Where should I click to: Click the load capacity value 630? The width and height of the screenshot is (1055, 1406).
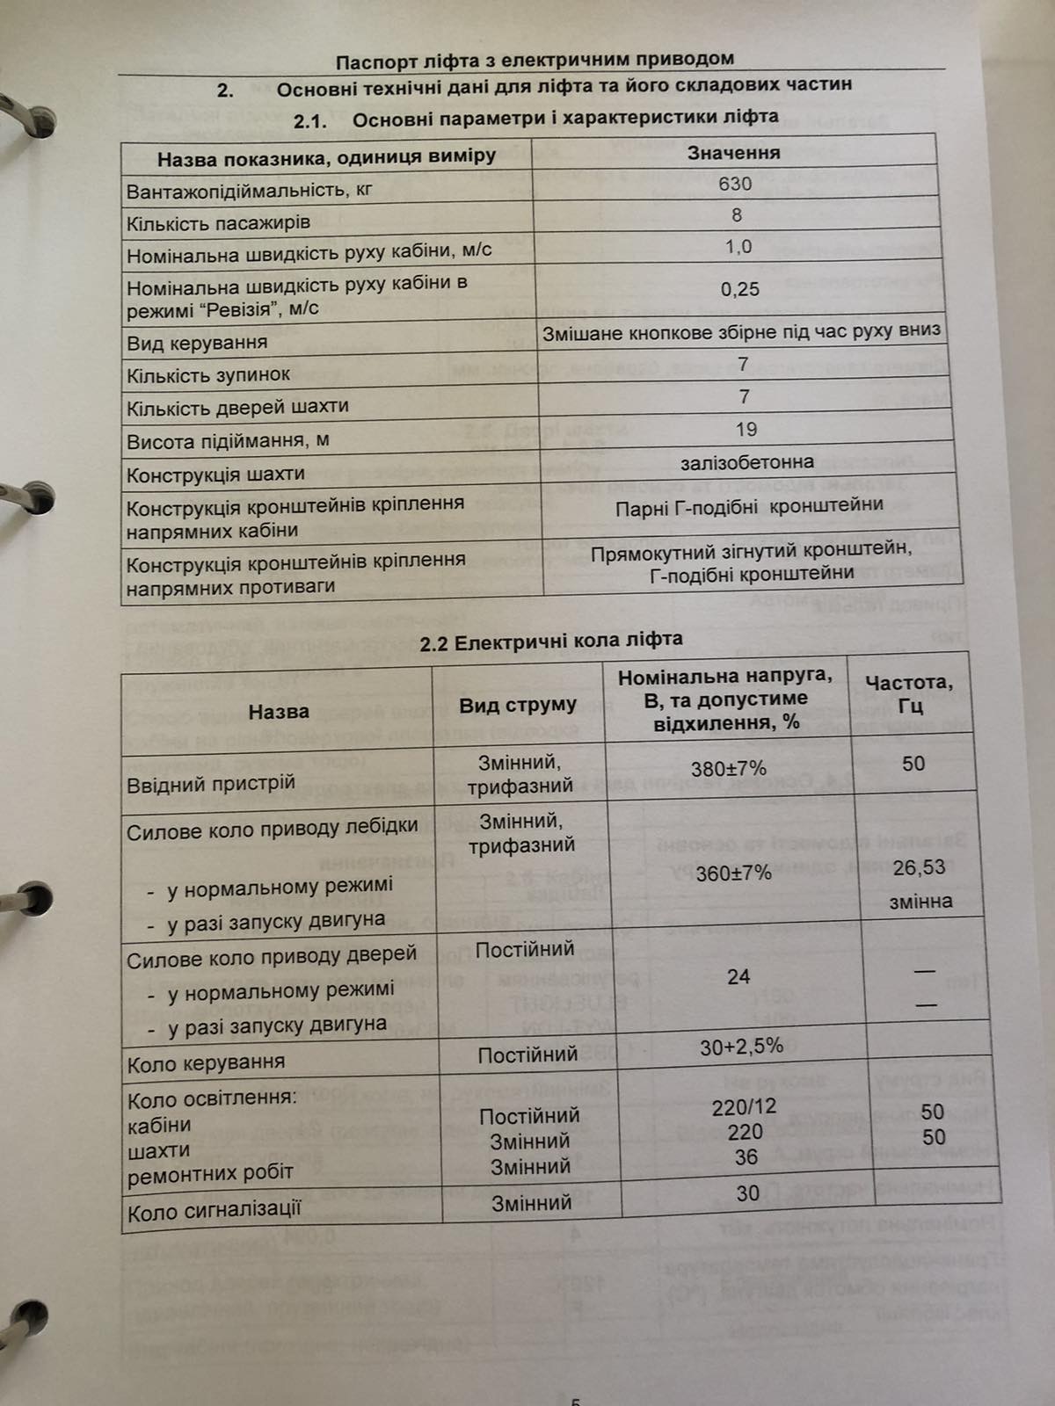point(735,184)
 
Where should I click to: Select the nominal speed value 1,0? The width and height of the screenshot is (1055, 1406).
point(738,247)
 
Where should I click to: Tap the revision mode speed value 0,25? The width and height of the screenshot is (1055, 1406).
point(739,289)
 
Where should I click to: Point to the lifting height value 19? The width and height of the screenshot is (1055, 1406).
point(746,430)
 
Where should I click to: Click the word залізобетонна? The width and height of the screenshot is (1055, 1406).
point(746,462)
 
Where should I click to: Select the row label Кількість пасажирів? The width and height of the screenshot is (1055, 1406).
point(218,223)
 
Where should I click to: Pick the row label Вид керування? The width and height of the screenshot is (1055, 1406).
point(197,343)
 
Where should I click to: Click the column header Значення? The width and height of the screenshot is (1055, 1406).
point(733,153)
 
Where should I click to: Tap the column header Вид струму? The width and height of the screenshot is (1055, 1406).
point(518,705)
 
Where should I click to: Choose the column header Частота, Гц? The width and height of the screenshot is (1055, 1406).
point(908,693)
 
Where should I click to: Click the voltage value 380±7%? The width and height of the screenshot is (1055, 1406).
point(728,769)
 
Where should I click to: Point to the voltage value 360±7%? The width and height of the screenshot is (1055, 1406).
point(733,873)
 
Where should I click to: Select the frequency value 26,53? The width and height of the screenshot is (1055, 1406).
point(919,868)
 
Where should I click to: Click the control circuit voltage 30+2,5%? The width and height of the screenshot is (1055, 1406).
point(741,1047)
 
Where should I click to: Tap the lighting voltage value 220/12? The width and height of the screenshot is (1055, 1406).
point(744,1107)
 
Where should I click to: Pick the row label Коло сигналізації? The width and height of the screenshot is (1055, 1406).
point(215,1213)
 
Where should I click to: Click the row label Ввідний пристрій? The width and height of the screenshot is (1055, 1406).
point(211,783)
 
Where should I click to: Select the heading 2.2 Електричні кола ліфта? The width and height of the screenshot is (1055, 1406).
point(550,641)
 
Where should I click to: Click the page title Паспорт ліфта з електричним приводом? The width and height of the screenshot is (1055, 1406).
point(535,61)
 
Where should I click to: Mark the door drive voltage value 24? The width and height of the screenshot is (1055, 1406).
point(738,976)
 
